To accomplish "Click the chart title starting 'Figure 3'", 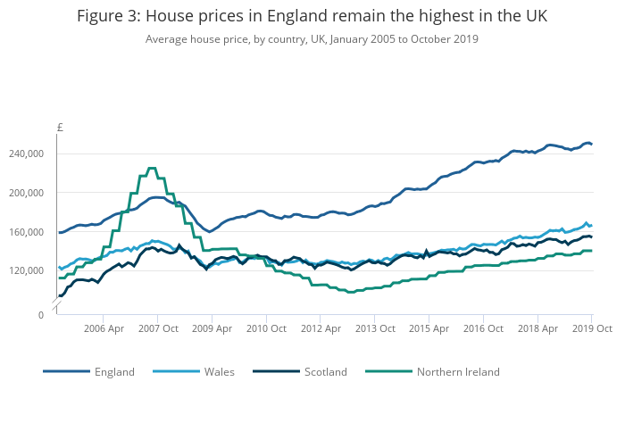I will point(312,17).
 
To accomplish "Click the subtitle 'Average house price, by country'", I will point(312,39).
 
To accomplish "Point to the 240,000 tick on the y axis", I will point(26,154).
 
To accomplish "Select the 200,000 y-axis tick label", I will point(26,193).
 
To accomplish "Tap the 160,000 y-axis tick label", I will point(26,232).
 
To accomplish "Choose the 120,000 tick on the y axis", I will point(26,271).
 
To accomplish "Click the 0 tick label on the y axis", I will point(40,315).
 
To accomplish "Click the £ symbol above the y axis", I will point(60,128).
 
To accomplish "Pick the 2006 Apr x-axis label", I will point(104,328).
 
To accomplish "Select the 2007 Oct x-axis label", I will point(157,328).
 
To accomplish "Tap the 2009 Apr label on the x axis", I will point(212,328).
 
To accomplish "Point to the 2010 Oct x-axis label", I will point(265,328).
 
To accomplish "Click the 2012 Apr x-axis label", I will point(320,328).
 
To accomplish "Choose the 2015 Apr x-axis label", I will point(428,328).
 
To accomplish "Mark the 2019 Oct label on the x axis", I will point(590,328).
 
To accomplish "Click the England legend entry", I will point(114,372).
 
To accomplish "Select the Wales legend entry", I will point(219,372).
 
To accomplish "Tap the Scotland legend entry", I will point(326,372).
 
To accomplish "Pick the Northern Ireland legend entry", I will point(458,372).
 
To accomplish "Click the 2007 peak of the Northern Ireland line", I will point(151,168).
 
